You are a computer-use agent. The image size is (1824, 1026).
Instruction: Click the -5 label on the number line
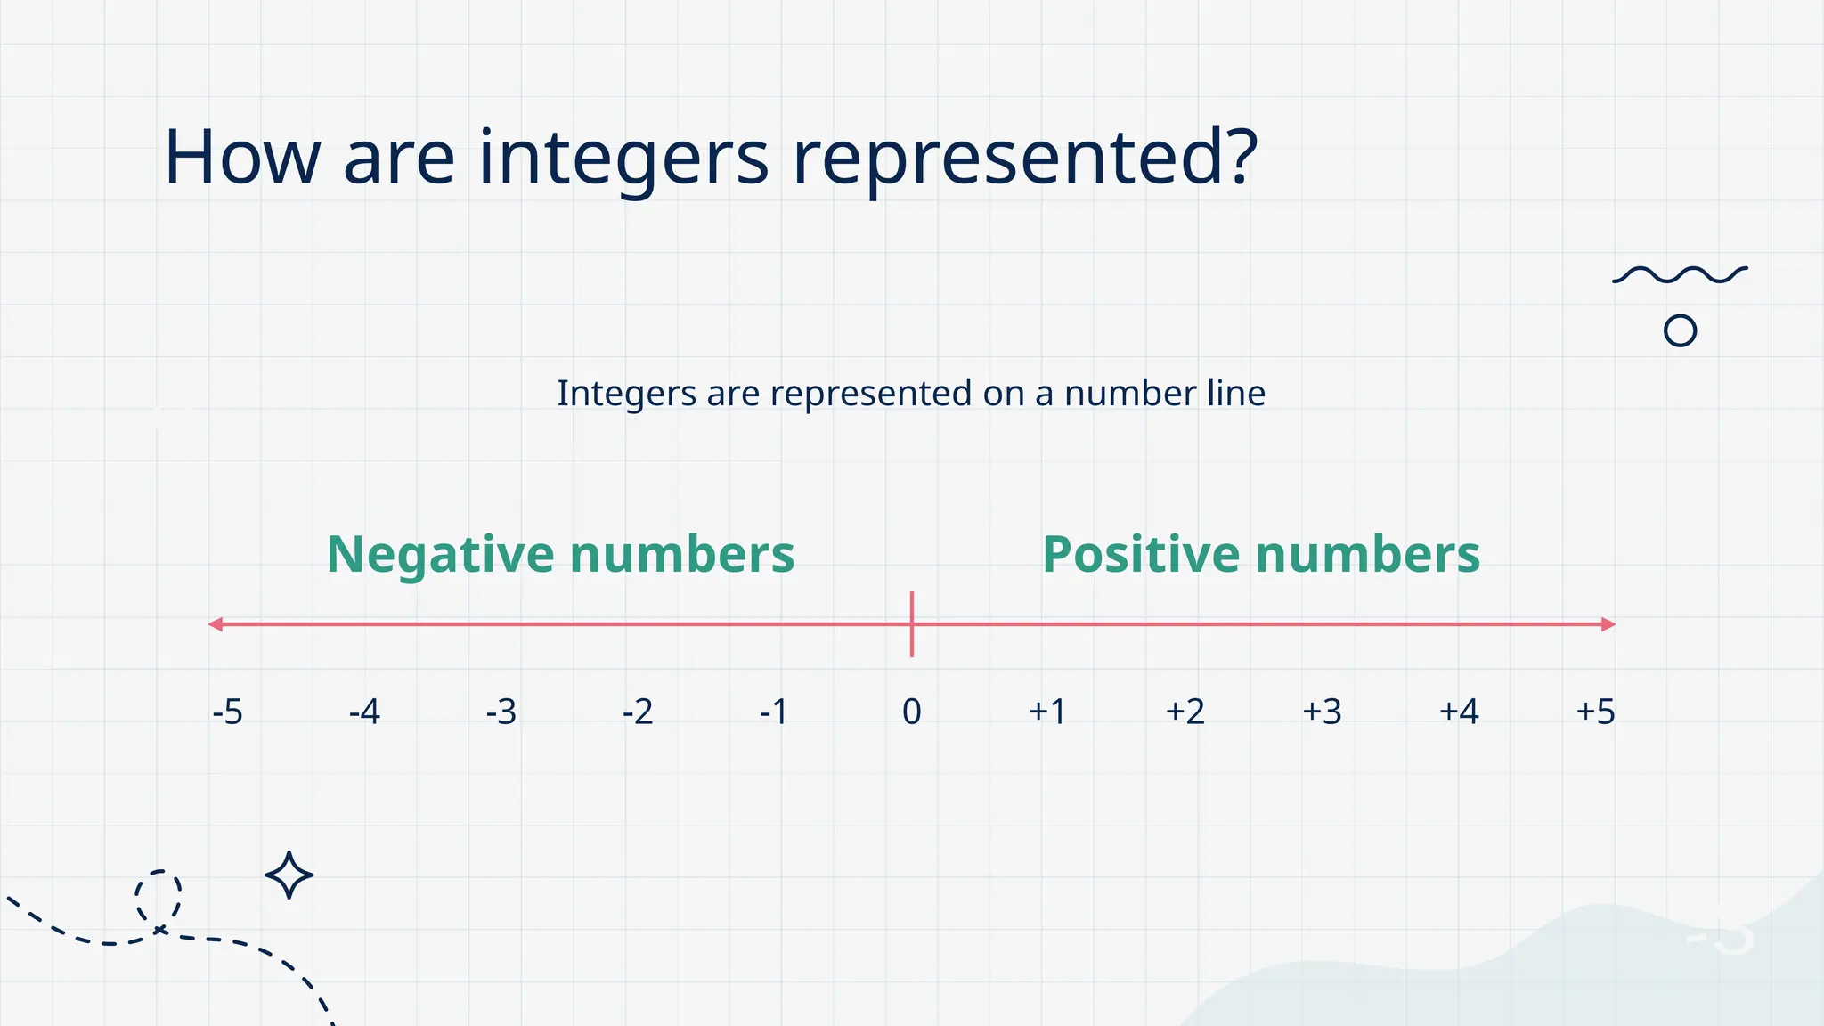point(228,712)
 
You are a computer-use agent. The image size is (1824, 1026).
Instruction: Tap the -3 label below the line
point(501,712)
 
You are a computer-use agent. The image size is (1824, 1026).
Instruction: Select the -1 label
point(774,712)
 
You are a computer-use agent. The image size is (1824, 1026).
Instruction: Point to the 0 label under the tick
point(911,712)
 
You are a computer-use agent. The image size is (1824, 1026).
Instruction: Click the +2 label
point(1185,712)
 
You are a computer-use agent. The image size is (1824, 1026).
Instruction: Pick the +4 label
point(1459,712)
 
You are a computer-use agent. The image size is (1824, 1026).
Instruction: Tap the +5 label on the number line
point(1595,712)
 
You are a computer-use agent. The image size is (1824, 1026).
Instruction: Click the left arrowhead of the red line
point(215,624)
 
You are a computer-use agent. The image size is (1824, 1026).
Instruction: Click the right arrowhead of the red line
point(1608,624)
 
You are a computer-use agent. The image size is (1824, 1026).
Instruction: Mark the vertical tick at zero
point(912,624)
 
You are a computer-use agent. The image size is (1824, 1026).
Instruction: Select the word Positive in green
point(1140,555)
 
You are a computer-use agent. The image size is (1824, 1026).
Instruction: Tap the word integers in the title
point(623,158)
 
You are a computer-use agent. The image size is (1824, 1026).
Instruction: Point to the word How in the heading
point(241,158)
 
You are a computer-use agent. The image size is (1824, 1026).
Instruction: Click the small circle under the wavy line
point(1680,331)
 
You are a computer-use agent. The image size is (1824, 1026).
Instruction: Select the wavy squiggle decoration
point(1680,274)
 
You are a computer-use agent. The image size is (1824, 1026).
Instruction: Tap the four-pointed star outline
point(289,875)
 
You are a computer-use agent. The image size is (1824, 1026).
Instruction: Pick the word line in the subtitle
point(1236,393)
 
